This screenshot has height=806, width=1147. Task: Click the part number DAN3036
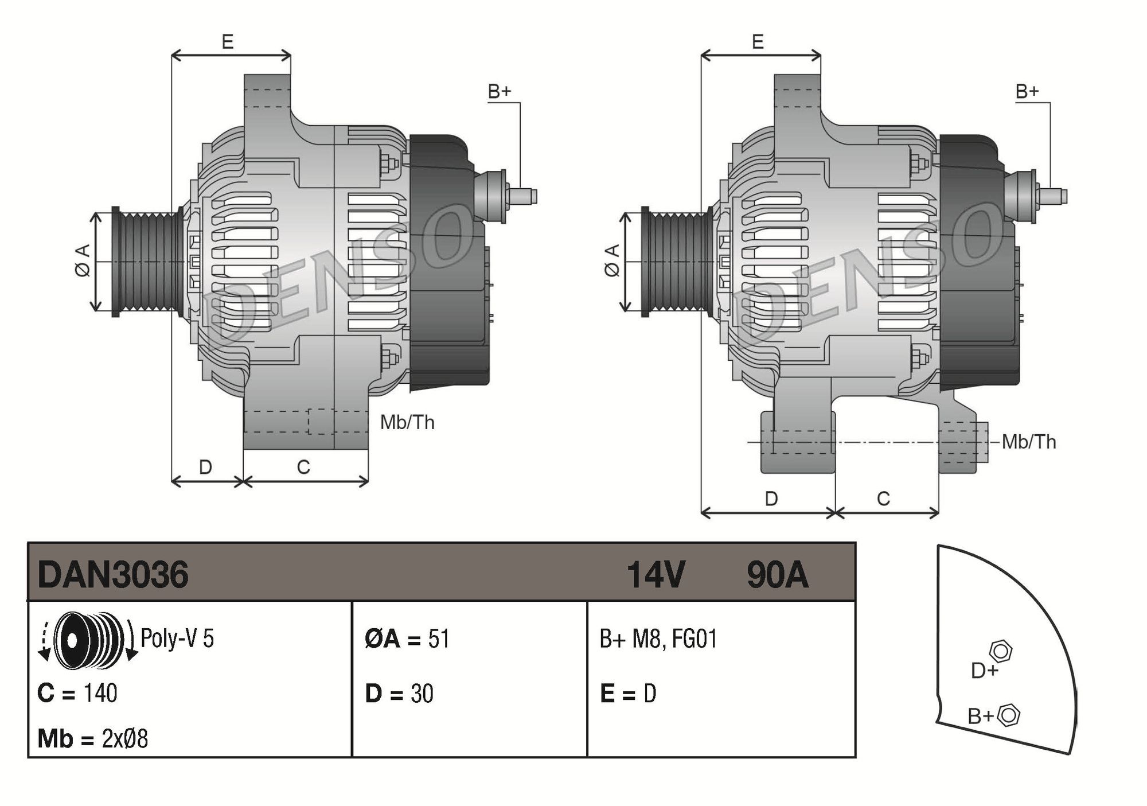113,574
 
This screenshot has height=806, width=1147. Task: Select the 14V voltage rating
656,574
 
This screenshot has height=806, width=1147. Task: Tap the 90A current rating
777,574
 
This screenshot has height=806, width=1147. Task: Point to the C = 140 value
77,693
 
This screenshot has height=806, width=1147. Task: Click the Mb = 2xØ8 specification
92,739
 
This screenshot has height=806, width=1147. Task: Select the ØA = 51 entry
407,638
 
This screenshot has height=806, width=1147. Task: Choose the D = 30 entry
399,694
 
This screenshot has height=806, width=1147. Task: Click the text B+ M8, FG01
658,638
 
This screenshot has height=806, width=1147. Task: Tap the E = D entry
628,694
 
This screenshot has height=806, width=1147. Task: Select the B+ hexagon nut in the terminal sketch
1009,715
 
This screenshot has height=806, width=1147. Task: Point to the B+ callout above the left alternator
499,91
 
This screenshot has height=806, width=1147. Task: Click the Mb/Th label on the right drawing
1029,442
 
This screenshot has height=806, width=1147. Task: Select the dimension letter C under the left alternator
303,468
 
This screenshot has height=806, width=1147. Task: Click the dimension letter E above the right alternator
758,42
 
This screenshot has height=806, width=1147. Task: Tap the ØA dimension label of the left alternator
83,261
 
